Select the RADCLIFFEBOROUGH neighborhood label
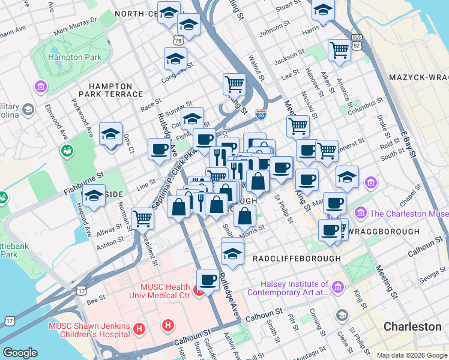click(297, 259)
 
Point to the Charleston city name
click(412, 327)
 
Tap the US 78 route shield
click(179, 40)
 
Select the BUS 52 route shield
click(358, 45)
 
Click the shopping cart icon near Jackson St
click(339, 50)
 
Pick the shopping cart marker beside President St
click(142, 218)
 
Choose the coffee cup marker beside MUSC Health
click(208, 280)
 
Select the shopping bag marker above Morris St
click(244, 216)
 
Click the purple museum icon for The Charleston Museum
click(361, 212)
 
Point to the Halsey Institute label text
click(294, 288)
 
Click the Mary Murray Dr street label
click(75, 26)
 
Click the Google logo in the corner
click(20, 353)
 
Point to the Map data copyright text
click(411, 355)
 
